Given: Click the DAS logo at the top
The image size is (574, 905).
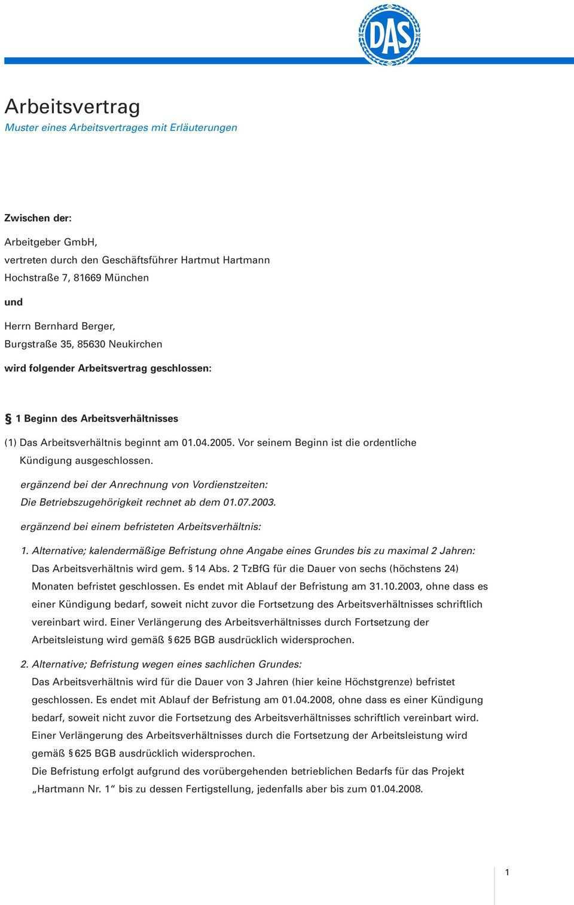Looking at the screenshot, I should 389,33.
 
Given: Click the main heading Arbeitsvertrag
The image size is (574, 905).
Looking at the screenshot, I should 72,106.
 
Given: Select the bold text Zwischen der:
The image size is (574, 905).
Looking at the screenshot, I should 38,218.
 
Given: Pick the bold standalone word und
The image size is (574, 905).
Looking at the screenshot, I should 14,302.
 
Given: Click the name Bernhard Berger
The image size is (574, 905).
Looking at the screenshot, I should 75,326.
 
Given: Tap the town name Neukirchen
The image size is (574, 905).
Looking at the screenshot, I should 135,344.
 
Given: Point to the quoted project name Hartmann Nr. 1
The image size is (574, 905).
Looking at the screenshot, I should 72,789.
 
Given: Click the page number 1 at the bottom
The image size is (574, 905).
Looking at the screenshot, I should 508,873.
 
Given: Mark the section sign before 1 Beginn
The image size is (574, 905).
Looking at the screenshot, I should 8,418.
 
